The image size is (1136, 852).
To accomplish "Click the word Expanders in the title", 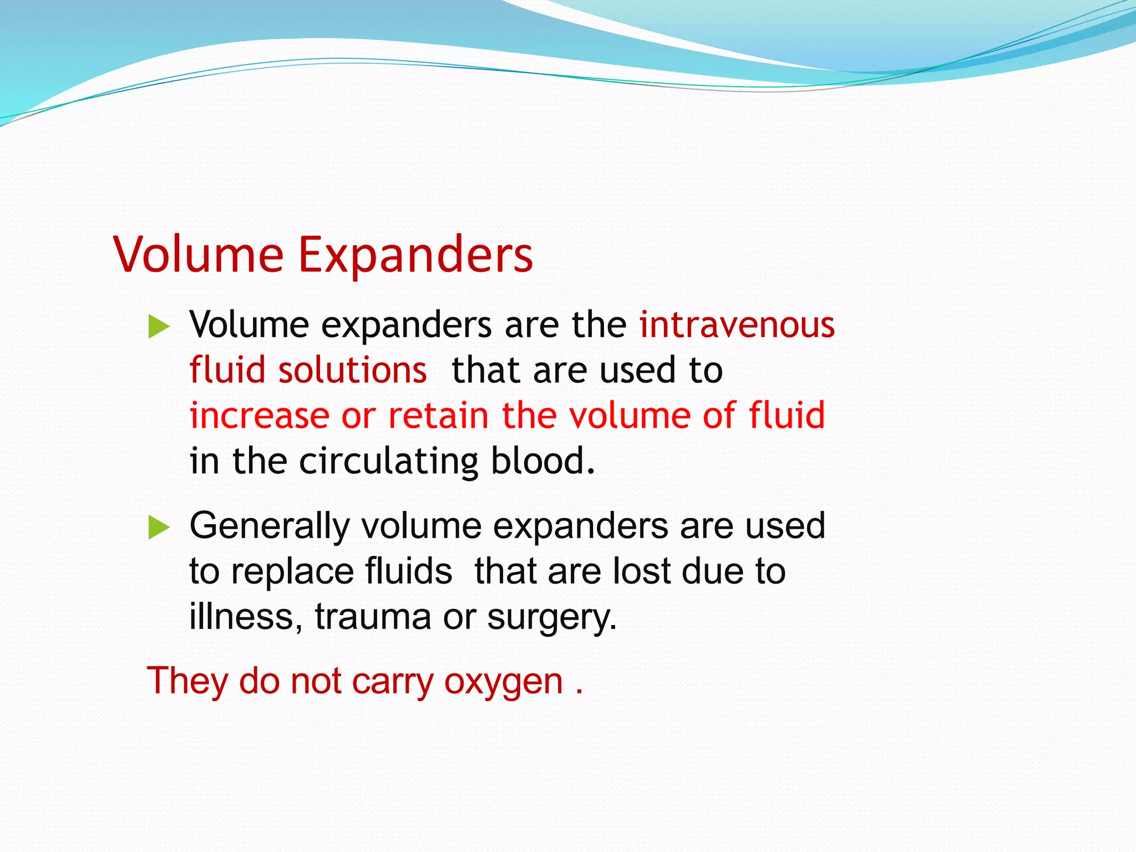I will point(415,255).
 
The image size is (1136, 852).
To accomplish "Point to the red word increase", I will point(259,415).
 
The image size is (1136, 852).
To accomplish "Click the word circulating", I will point(388,461).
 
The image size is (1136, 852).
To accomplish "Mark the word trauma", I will point(373,617).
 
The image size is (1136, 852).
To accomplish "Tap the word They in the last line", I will point(187,681).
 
